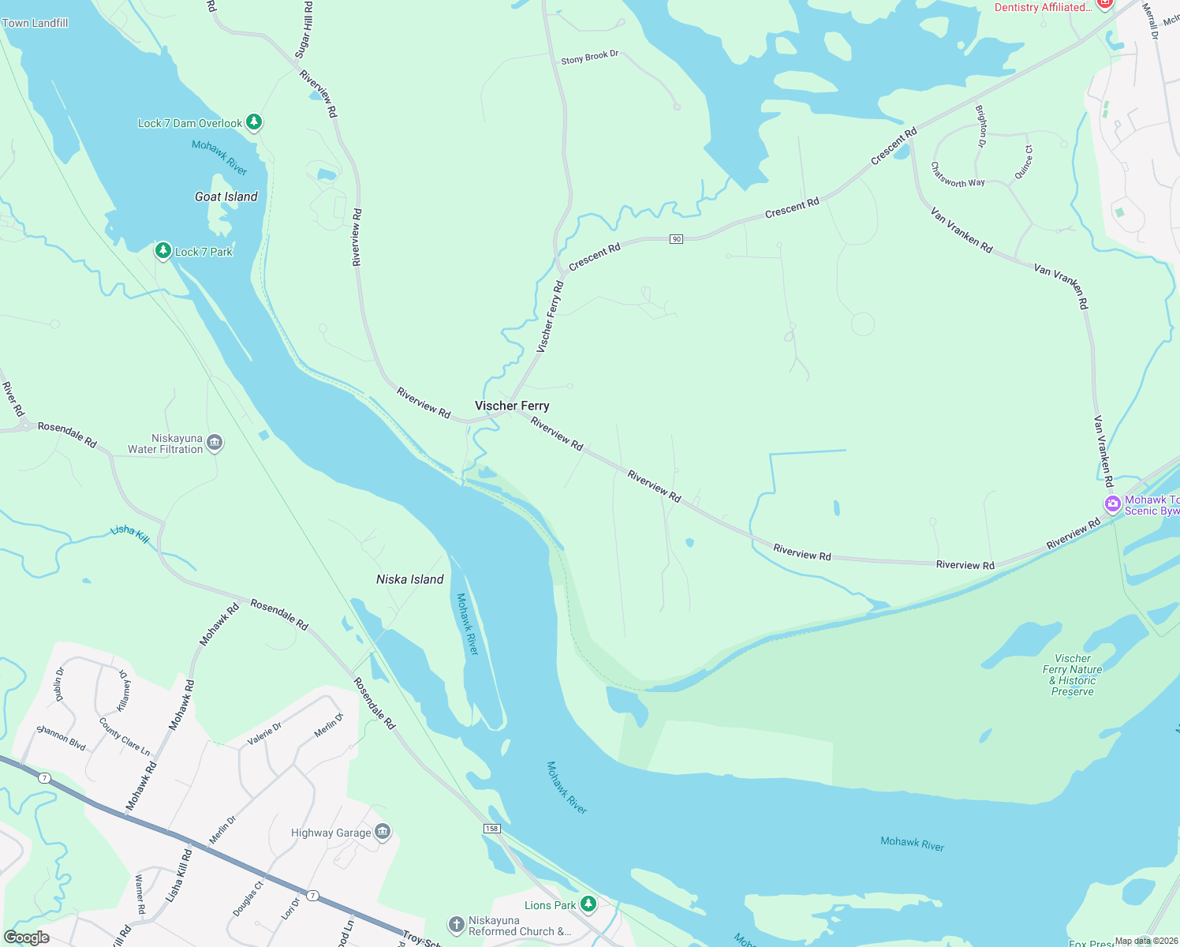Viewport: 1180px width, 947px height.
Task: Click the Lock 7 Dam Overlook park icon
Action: click(253, 122)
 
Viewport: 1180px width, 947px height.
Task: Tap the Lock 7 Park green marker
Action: click(163, 251)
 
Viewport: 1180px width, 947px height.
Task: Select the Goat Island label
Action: click(226, 197)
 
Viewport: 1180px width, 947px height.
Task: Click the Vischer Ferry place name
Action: click(512, 406)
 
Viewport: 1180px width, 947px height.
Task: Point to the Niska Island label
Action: click(410, 579)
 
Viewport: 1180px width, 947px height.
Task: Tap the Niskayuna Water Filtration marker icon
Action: click(215, 444)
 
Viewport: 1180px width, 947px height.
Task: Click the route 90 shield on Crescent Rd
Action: click(676, 239)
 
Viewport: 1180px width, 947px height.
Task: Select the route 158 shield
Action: click(491, 828)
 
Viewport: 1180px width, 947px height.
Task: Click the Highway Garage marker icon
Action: click(383, 833)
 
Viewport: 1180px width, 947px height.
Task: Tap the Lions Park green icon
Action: click(588, 904)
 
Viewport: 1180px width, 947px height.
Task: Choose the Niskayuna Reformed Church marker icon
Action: click(456, 925)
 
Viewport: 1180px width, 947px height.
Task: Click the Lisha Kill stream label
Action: click(130, 533)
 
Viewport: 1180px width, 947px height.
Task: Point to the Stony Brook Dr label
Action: click(589, 58)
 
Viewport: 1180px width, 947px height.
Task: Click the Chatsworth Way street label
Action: click(958, 175)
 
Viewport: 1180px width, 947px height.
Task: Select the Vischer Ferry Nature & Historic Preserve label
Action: click(1073, 675)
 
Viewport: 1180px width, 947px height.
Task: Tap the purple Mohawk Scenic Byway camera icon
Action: click(1113, 504)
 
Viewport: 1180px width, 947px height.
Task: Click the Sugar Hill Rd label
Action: click(304, 30)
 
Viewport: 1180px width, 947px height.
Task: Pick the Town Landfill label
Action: click(35, 23)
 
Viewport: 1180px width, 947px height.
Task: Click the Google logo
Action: click(27, 938)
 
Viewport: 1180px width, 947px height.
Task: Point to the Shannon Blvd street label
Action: click(62, 737)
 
